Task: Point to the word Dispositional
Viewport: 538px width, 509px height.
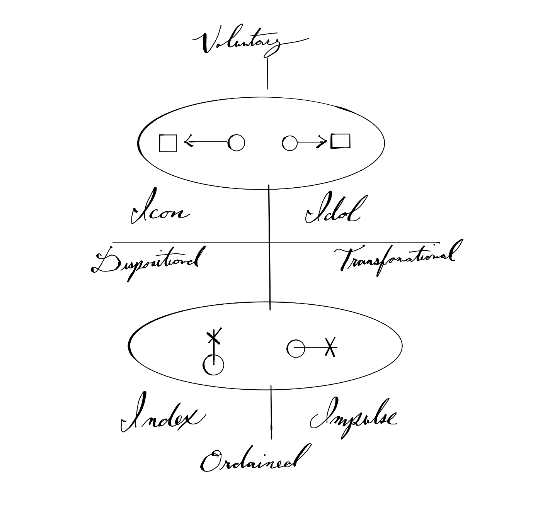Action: [x=147, y=263]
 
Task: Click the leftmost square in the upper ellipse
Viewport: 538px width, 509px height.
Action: [x=168, y=143]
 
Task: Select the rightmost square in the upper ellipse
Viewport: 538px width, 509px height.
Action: [x=341, y=141]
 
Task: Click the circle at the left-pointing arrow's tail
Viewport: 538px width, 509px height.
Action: [x=237, y=143]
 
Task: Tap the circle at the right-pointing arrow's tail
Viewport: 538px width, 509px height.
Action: [x=289, y=143]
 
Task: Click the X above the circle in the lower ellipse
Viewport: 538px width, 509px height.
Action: [x=214, y=336]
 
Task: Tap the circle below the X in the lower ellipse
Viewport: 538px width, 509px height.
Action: [x=213, y=365]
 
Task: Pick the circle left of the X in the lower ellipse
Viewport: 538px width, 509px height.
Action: [x=296, y=348]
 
